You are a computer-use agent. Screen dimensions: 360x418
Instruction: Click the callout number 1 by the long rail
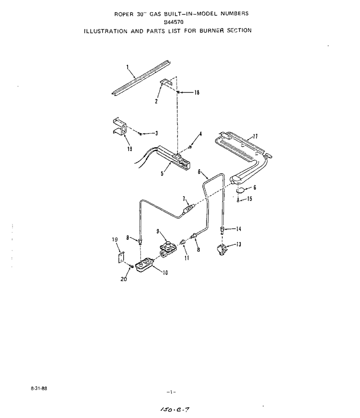(128, 67)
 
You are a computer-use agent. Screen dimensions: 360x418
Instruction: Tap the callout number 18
(197, 93)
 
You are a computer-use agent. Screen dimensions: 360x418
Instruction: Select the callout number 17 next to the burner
(255, 136)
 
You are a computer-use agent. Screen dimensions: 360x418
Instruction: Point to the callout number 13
(238, 244)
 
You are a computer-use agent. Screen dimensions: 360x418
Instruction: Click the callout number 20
(124, 279)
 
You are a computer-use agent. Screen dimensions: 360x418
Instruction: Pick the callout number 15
(249, 199)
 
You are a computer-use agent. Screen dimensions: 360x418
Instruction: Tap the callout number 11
(187, 258)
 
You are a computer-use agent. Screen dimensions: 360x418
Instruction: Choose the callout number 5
(162, 174)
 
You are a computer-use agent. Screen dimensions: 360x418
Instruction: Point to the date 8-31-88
(39, 388)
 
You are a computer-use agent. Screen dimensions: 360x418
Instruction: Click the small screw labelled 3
(140, 134)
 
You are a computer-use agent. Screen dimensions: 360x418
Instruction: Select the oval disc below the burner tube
(241, 190)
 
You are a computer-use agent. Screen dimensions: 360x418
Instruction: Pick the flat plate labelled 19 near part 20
(121, 257)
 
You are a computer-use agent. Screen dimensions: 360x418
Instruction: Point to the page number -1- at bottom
(171, 392)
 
